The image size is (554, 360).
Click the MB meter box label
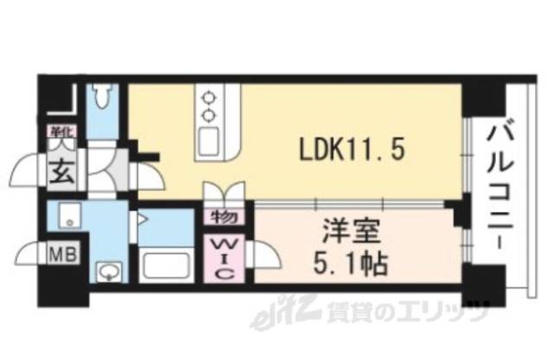60,254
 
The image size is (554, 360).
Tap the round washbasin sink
108,273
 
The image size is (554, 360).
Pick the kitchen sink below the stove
209,140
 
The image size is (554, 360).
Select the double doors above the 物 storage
224,192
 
